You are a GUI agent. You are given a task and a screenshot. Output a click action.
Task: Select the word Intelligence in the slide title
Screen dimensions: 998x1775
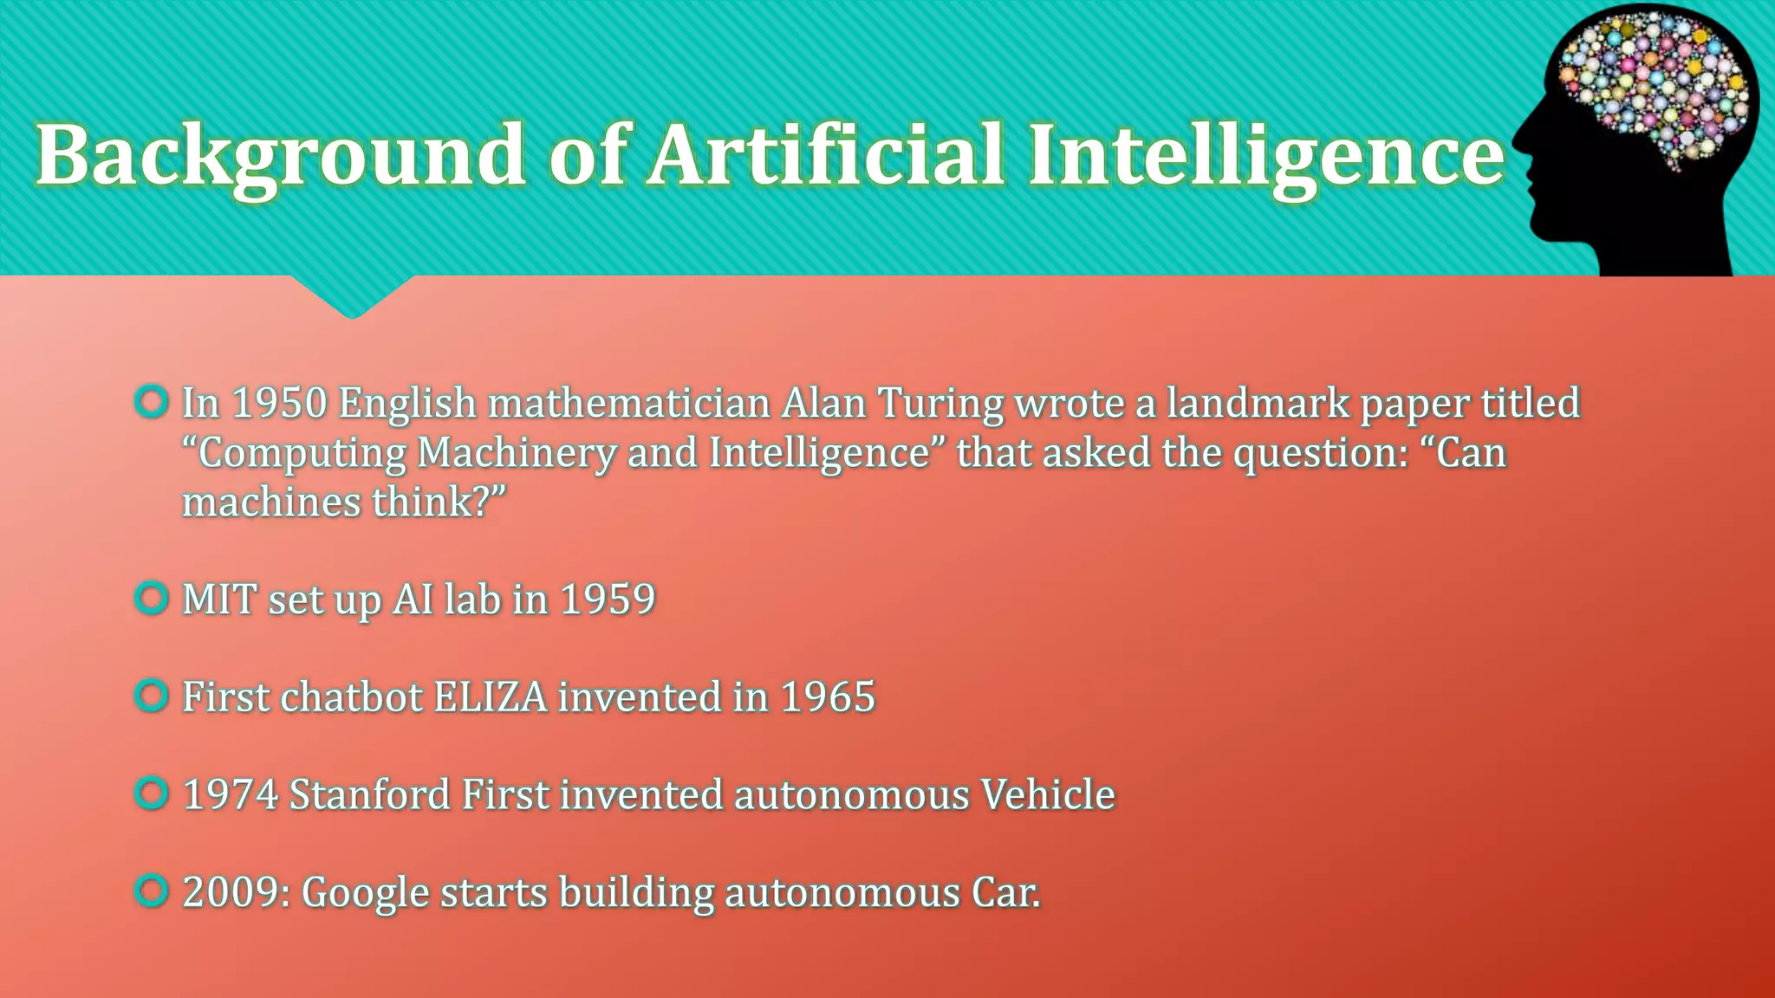(1266, 156)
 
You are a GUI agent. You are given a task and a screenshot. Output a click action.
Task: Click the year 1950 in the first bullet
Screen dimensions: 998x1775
(279, 404)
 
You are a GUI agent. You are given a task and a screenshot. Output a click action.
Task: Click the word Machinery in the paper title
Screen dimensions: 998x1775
(517, 453)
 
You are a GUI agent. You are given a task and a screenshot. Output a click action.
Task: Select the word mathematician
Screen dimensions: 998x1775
(628, 404)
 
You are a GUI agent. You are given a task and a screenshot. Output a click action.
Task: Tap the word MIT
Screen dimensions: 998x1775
(219, 599)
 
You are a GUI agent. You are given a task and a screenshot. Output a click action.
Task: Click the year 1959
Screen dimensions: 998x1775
(608, 599)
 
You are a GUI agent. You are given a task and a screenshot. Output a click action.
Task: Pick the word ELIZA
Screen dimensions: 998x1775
(491, 697)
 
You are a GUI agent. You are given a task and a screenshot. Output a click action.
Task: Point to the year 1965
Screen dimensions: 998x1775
(828, 697)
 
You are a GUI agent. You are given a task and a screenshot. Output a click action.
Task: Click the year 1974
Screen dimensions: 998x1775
(231, 795)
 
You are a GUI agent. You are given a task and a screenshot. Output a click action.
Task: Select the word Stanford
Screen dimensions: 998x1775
(369, 795)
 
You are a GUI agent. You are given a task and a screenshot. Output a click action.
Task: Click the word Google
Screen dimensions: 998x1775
(365, 893)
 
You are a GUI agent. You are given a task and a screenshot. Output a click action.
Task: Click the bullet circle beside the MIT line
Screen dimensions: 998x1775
(152, 598)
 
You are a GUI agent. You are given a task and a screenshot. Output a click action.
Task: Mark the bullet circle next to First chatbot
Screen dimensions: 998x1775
(152, 696)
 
